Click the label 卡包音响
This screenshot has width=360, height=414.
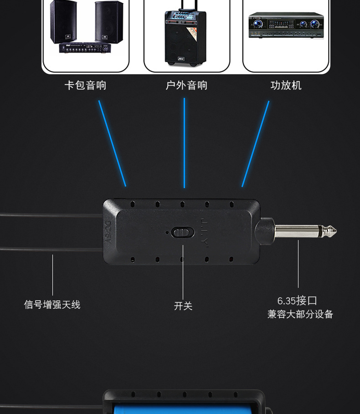85,86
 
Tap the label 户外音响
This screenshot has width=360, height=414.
186,86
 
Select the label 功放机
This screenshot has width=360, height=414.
286,86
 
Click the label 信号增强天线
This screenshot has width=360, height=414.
52,305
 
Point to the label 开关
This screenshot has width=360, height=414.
183,306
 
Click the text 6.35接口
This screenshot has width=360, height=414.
297,301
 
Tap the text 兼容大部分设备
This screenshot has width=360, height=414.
300,314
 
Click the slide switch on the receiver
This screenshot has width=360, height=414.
180,233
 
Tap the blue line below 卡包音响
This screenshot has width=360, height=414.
112,143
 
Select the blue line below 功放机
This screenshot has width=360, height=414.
256,143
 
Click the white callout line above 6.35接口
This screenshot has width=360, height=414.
298,264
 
